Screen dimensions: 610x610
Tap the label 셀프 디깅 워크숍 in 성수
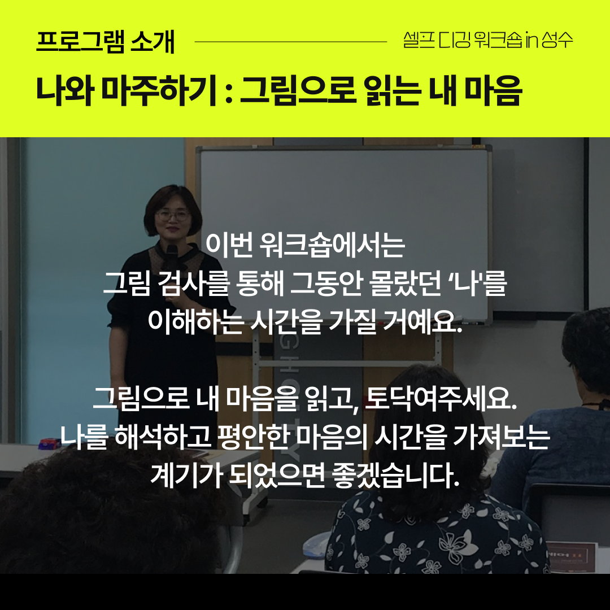(x=488, y=40)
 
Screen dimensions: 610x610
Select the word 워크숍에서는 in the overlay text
(x=333, y=245)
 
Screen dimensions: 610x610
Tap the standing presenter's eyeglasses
(x=173, y=215)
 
